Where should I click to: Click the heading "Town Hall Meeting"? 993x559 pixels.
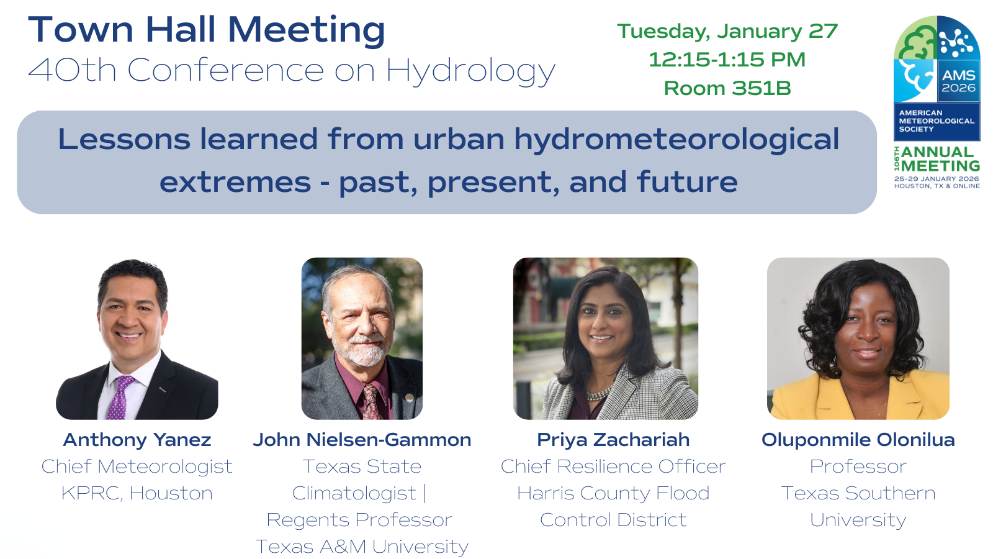207,30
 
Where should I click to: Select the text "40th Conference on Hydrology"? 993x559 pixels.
292,71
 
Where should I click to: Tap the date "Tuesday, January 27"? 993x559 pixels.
727,31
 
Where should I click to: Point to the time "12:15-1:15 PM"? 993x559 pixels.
727,60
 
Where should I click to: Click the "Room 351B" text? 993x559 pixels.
727,88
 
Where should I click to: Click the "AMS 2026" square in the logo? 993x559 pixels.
958,81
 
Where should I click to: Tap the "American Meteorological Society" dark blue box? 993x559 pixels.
937,121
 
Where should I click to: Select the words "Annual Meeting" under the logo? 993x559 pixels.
940,159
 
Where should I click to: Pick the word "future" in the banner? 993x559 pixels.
687,182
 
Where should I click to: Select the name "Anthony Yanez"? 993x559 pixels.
137,440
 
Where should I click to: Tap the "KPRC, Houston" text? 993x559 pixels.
137,493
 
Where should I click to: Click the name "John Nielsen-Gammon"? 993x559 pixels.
362,440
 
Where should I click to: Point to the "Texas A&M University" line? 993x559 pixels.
362,547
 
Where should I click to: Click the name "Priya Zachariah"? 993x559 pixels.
613,440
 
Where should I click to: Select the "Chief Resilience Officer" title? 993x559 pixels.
613,466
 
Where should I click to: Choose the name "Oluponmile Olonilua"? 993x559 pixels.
858,440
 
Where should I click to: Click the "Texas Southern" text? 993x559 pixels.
858,493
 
